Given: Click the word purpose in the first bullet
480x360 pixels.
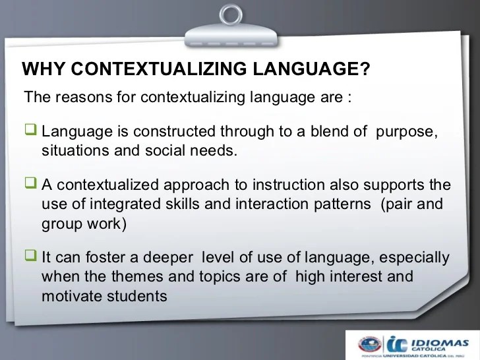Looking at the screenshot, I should click(406, 131).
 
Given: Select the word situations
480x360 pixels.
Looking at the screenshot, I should click(72, 150).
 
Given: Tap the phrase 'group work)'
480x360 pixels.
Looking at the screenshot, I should click(82, 223).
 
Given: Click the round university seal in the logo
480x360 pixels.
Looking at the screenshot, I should click(371, 344).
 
